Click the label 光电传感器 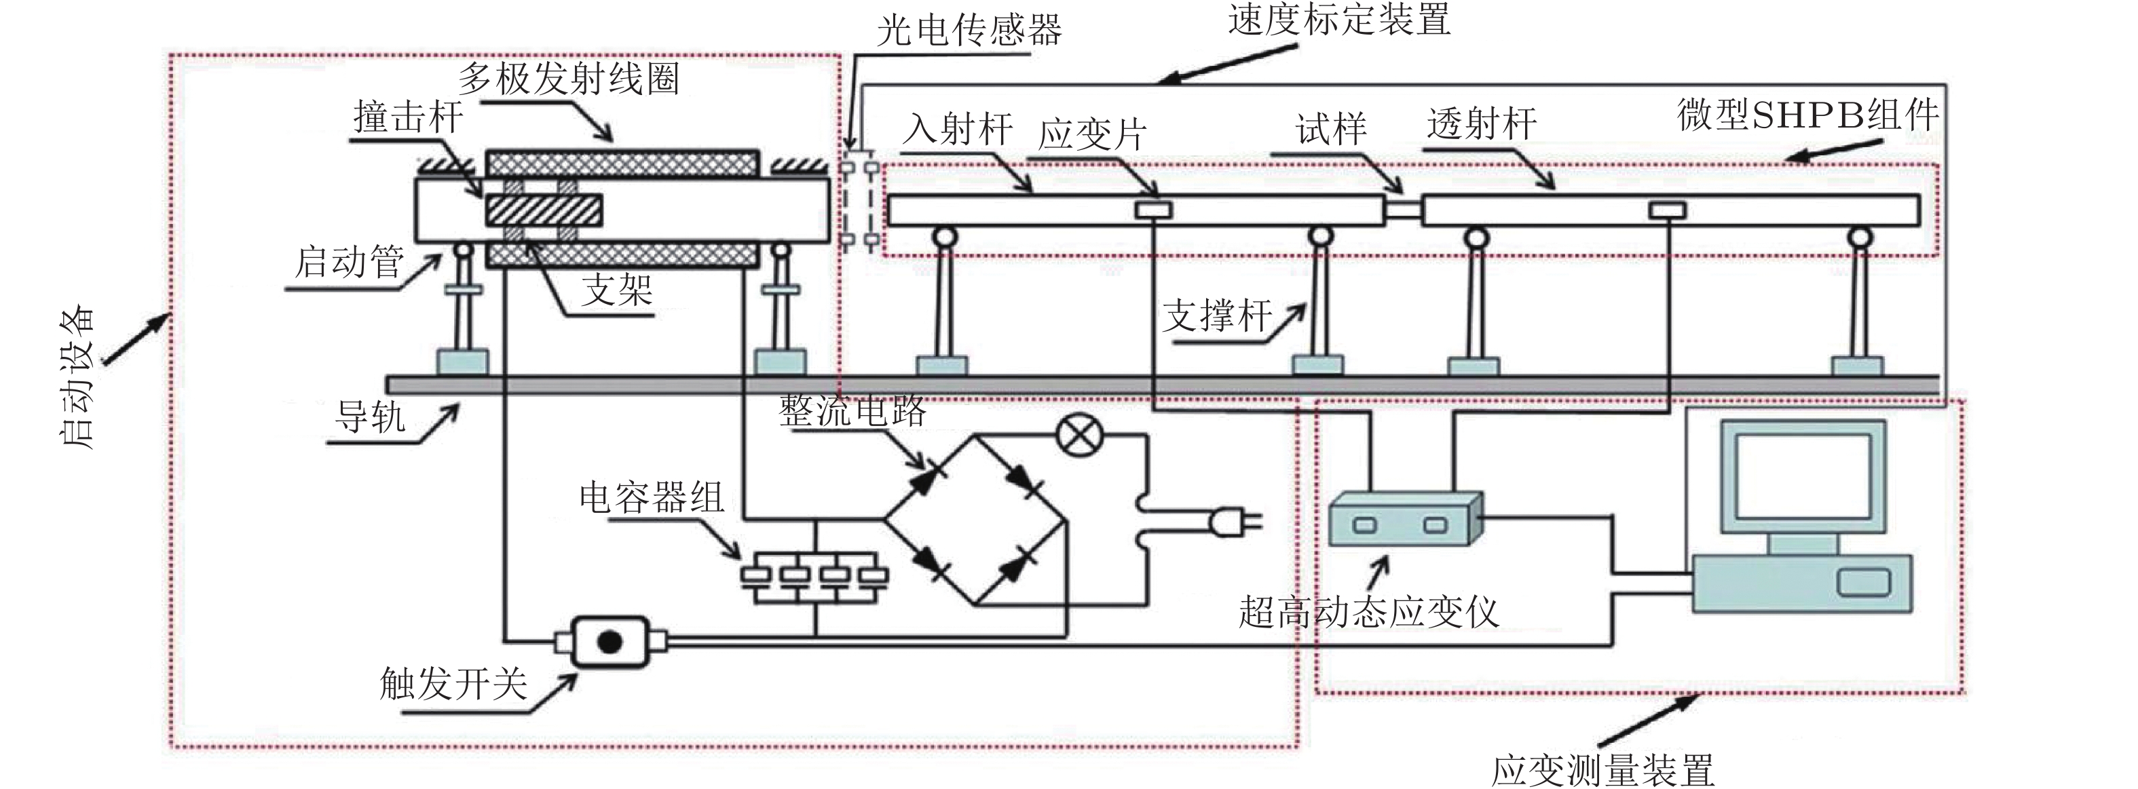[969, 30]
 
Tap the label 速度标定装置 [1338, 20]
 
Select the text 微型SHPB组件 [1806, 116]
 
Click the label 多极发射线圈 [569, 79]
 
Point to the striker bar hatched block [544, 211]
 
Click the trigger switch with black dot [610, 640]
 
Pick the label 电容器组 [651, 498]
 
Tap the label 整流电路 [852, 410]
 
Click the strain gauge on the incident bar [1154, 210]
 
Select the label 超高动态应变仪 [1368, 613]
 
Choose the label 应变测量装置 [1602, 770]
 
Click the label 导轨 [369, 417]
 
